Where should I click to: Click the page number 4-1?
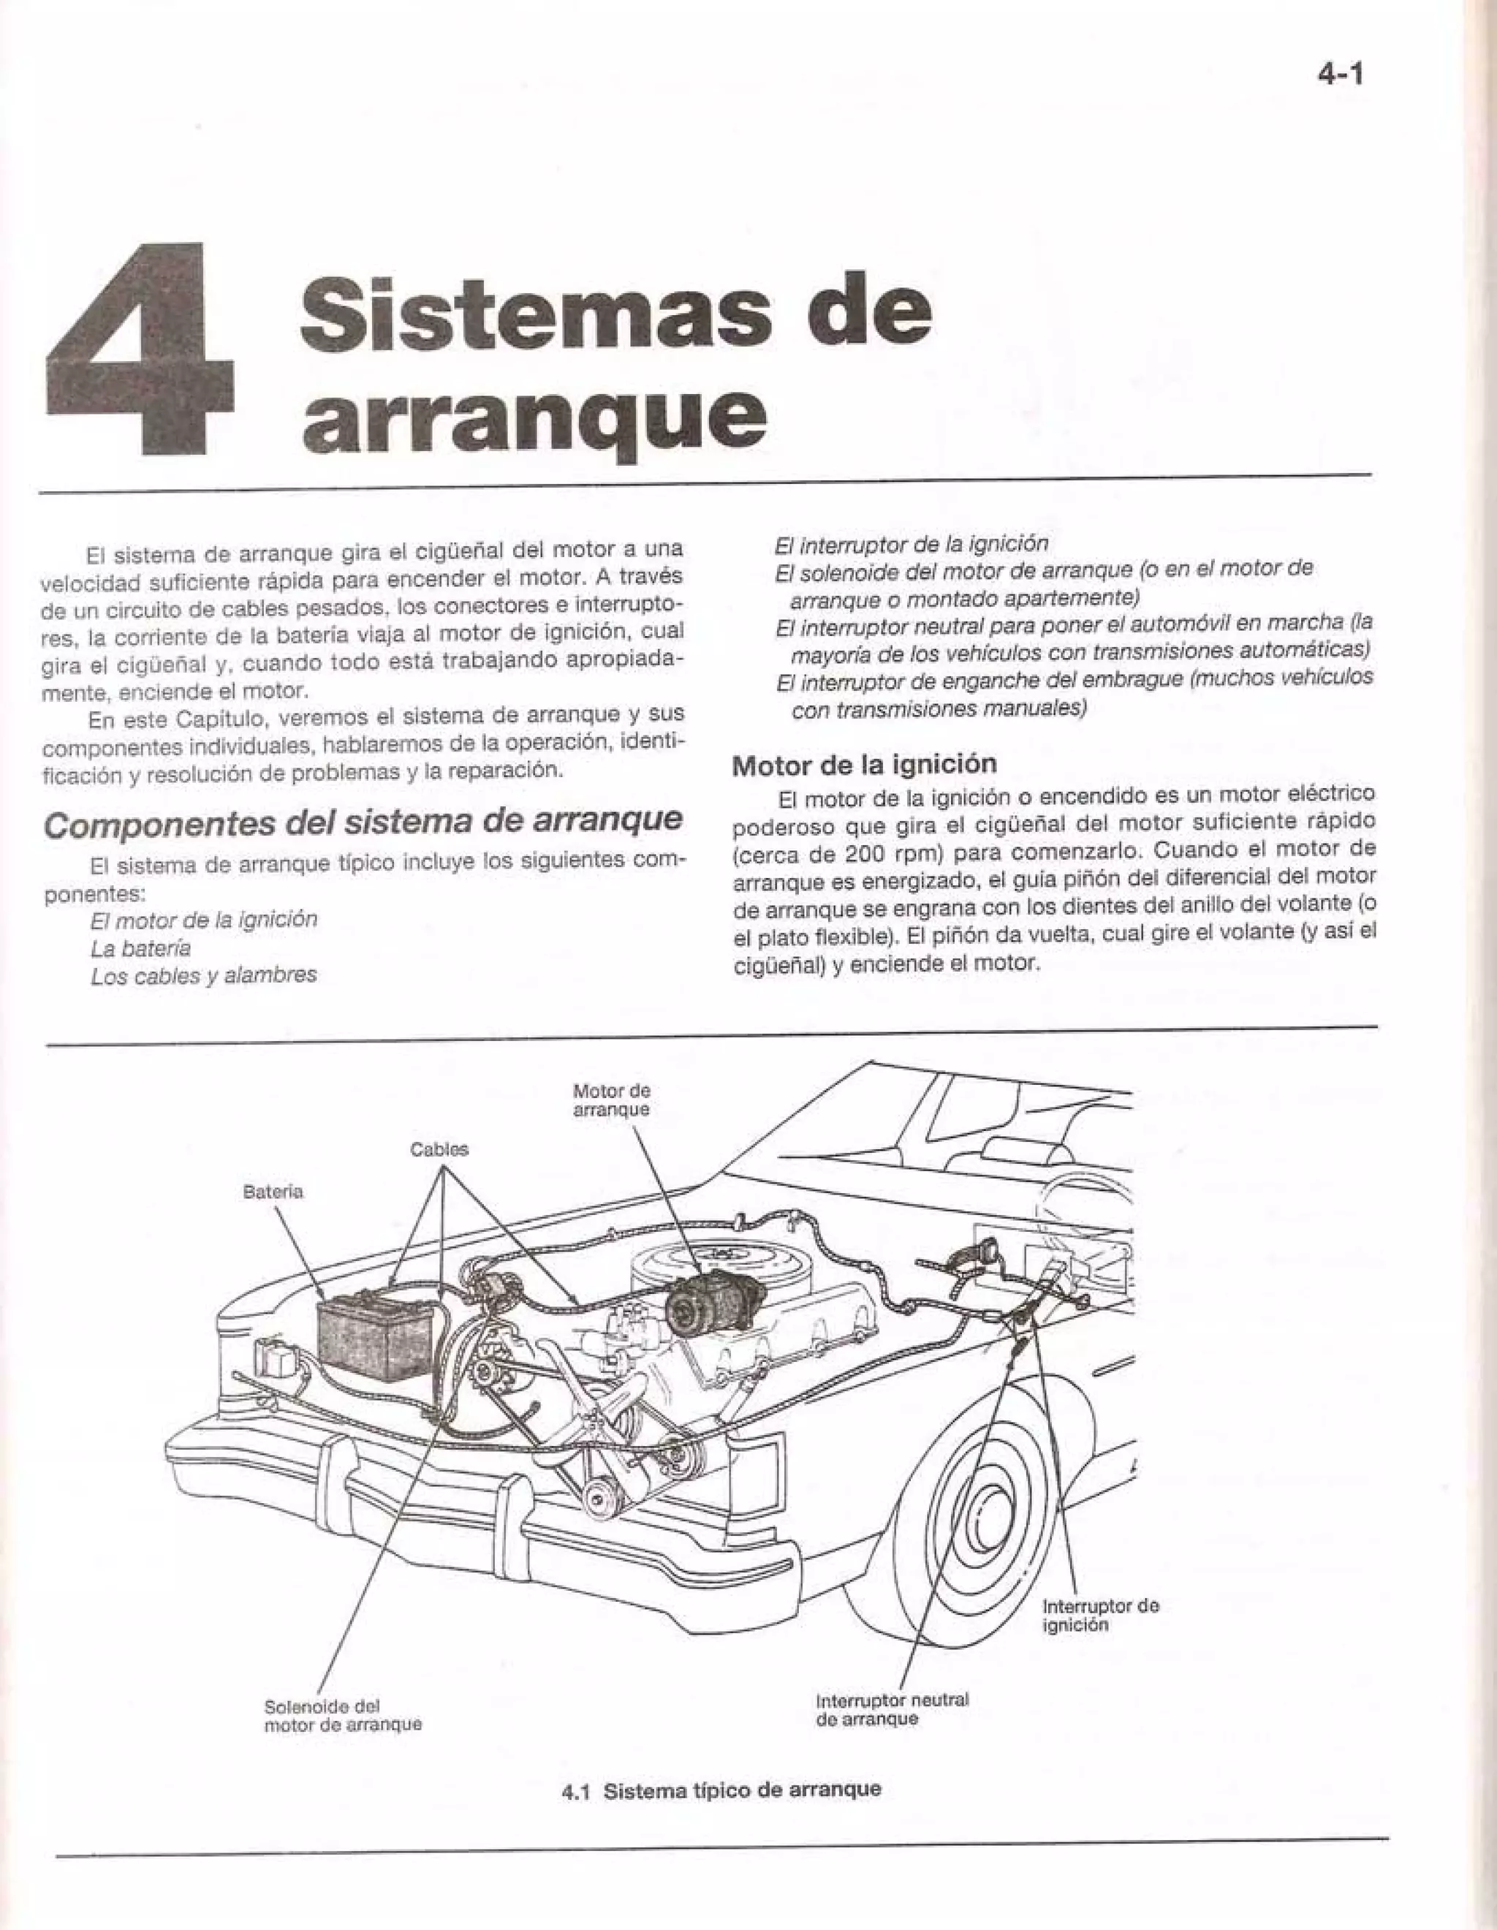pos(1340,75)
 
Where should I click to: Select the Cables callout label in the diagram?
pos(439,1150)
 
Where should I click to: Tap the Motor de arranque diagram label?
pos(612,1100)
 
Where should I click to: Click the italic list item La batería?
pos(140,948)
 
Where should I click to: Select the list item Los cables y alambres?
pos(203,976)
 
